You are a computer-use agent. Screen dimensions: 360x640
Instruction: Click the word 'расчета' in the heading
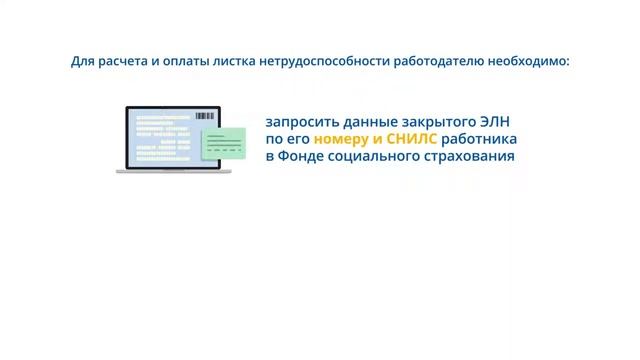coord(120,62)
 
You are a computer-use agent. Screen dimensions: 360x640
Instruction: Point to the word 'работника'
coord(480,138)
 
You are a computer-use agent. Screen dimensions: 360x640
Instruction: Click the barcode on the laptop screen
coord(204,117)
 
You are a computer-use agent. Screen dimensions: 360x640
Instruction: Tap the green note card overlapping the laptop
coord(224,144)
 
